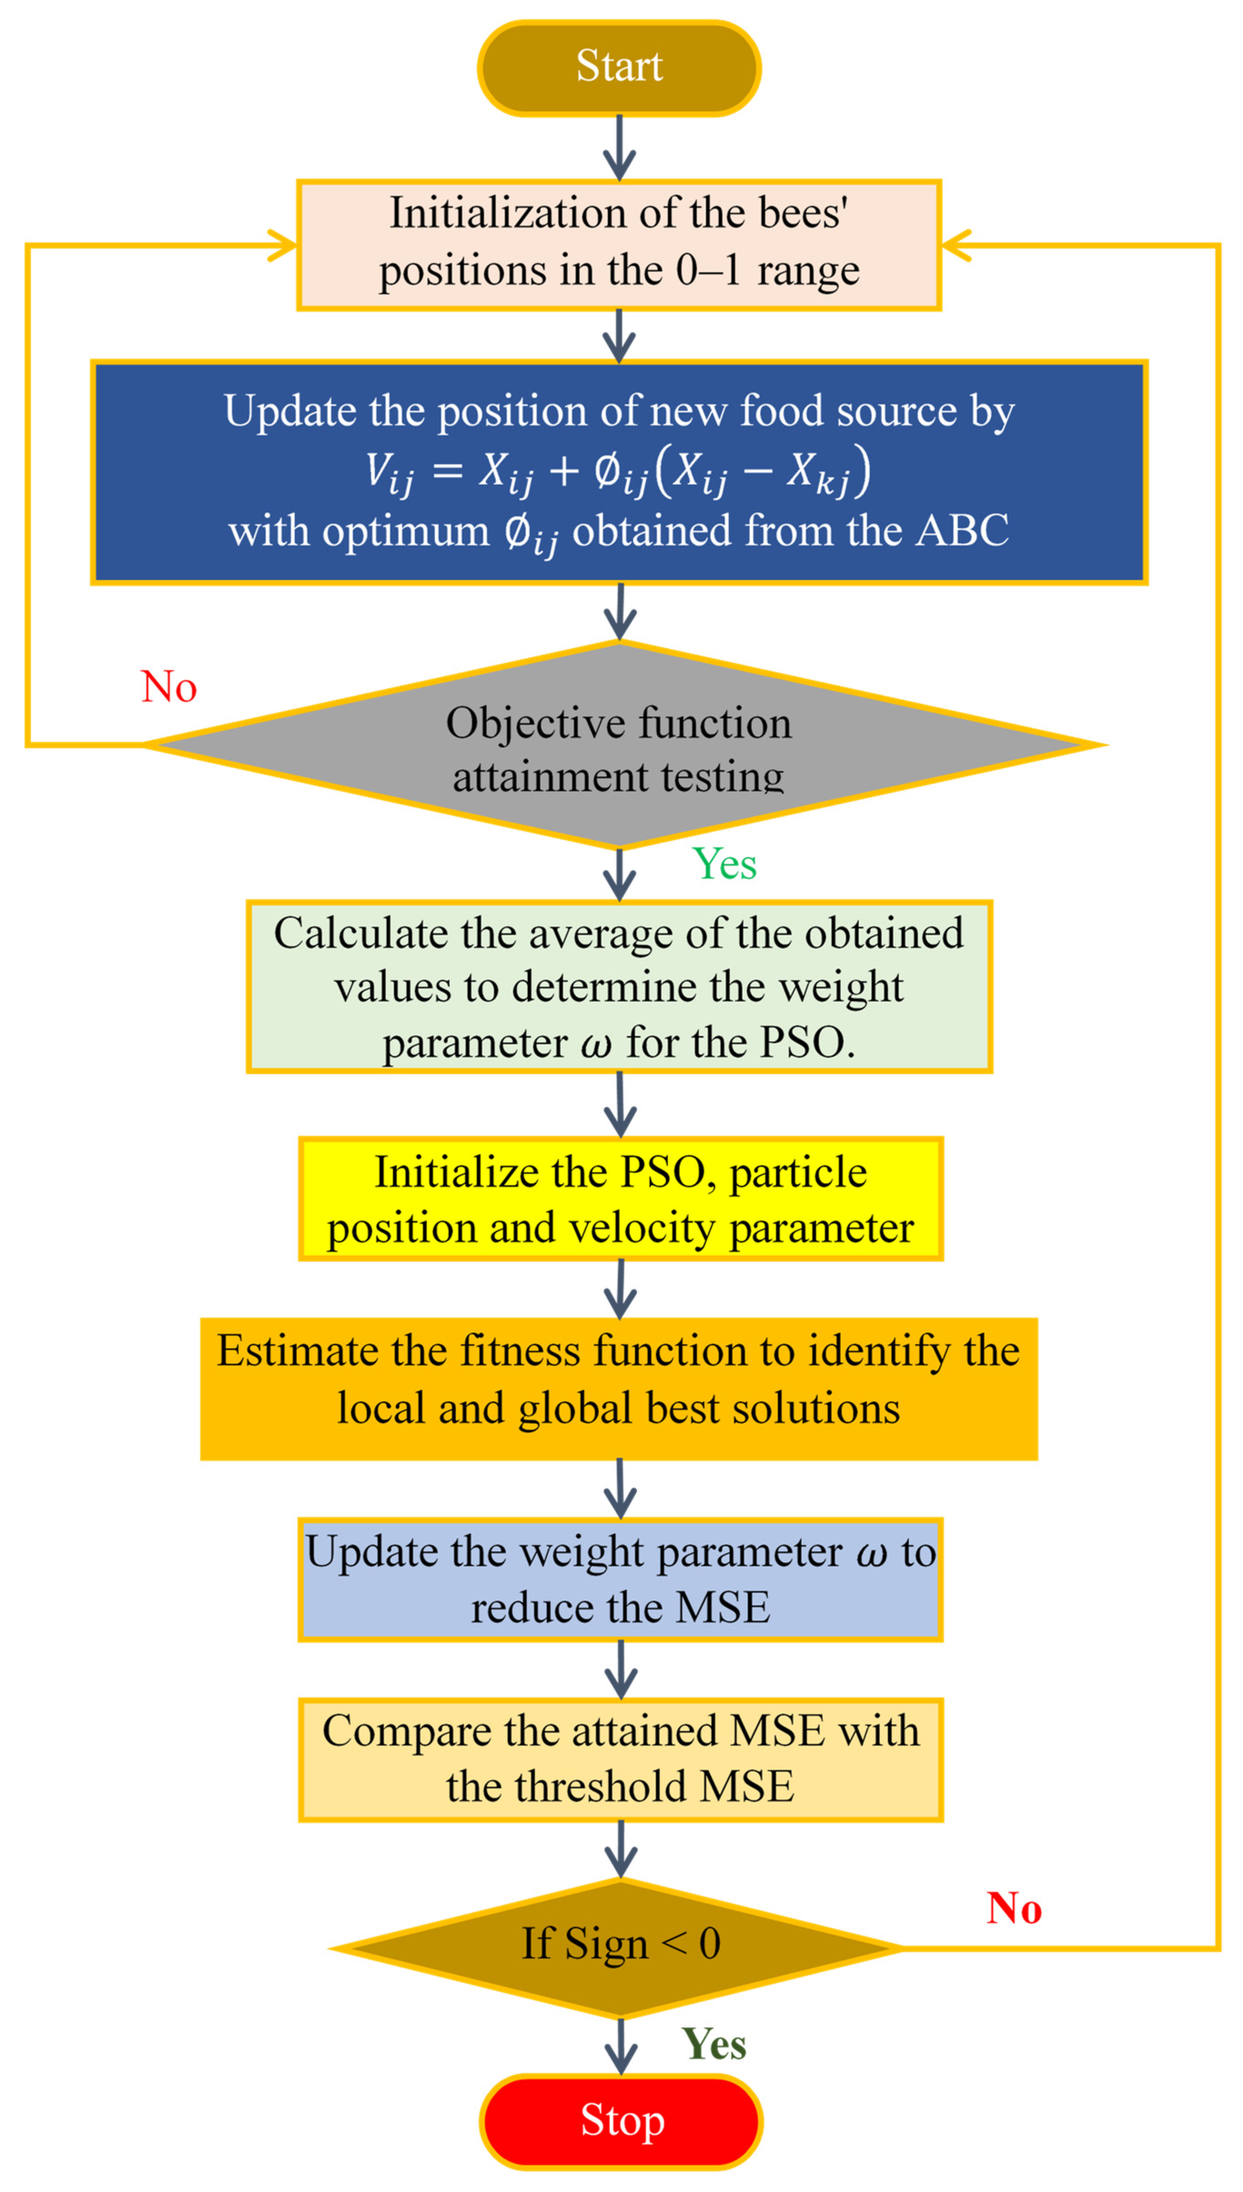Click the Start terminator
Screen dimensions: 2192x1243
(x=619, y=66)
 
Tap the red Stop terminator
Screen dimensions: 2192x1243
(x=621, y=2120)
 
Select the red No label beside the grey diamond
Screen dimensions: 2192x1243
(x=169, y=687)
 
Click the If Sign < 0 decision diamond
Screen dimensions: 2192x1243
(x=621, y=1944)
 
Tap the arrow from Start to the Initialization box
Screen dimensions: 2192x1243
(x=619, y=147)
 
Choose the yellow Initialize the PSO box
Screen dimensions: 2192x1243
(x=621, y=1199)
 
